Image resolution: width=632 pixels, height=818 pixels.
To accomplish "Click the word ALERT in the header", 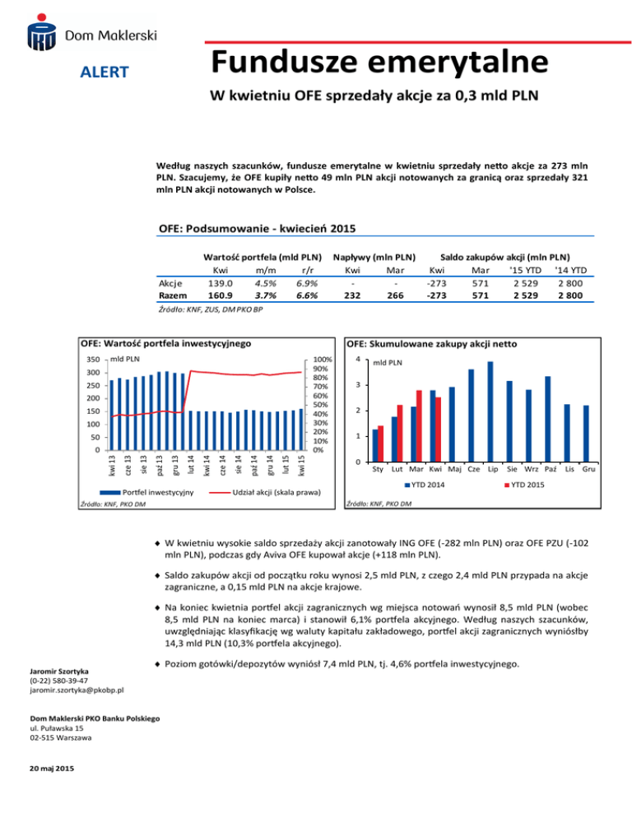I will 104,72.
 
